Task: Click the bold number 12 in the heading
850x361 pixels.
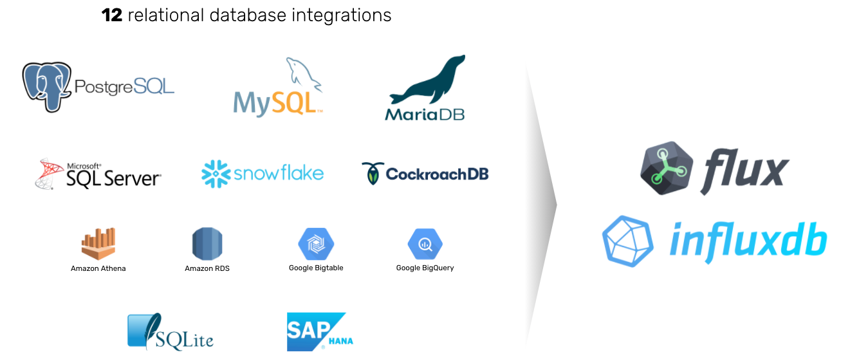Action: pyautogui.click(x=112, y=15)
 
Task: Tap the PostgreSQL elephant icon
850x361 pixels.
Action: pyautogui.click(x=46, y=86)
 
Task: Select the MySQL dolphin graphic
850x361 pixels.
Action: pyautogui.click(x=303, y=72)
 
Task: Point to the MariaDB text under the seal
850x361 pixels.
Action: pyautogui.click(x=425, y=114)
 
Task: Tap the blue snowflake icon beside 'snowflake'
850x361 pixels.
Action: pyautogui.click(x=216, y=174)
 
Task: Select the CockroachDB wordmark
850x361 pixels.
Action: pyautogui.click(x=437, y=174)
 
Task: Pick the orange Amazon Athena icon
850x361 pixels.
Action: pyautogui.click(x=98, y=244)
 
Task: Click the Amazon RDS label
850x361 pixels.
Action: pyautogui.click(x=207, y=268)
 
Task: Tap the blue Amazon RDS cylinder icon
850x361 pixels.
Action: pyautogui.click(x=207, y=244)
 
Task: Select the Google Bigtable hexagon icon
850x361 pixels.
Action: pyautogui.click(x=316, y=244)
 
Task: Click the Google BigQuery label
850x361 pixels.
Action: pyautogui.click(x=425, y=268)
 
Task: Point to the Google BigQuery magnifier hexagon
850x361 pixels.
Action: pyautogui.click(x=425, y=244)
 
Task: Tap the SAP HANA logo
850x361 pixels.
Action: pyautogui.click(x=319, y=331)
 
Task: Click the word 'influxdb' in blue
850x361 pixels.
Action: pyautogui.click(x=747, y=241)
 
